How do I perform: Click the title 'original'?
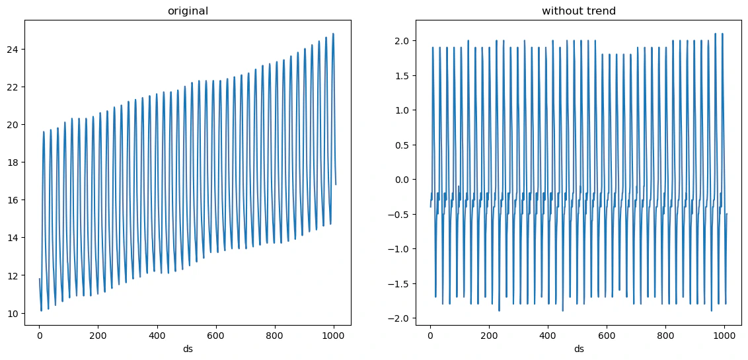188,11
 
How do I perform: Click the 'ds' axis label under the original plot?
188,349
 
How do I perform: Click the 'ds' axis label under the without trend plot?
578,349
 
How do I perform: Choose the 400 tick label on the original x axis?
157,336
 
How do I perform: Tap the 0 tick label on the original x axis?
40,336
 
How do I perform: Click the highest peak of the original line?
333,34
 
